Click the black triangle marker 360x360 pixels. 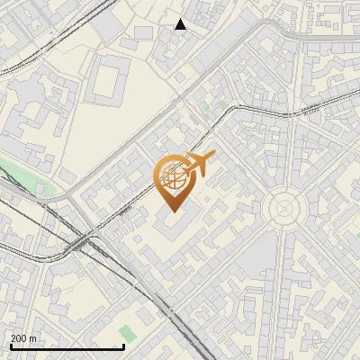pyautogui.click(x=180, y=24)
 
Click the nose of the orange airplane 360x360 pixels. pyautogui.click(x=213, y=157)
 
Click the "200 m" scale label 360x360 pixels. pyautogui.click(x=23, y=338)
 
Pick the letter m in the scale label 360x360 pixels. pyautogui.click(x=32, y=338)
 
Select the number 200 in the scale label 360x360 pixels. pyautogui.click(x=19, y=338)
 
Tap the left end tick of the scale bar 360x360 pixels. pyautogui.click(x=10, y=346)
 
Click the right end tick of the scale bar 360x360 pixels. pyautogui.click(x=123, y=346)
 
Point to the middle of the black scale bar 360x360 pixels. pyautogui.click(x=67, y=347)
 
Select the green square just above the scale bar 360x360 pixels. pyautogui.click(x=128, y=333)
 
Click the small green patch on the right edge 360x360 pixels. pyautogui.click(x=356, y=236)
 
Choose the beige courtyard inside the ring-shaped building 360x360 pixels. pyautogui.click(x=107, y=82)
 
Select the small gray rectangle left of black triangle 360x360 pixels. pyautogui.click(x=142, y=32)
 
